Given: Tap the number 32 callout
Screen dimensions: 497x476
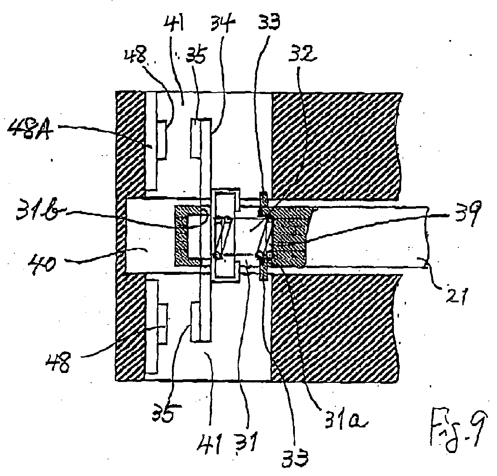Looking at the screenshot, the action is pyautogui.click(x=302, y=54).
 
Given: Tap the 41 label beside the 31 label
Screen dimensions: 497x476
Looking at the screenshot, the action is pyautogui.click(x=209, y=445).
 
